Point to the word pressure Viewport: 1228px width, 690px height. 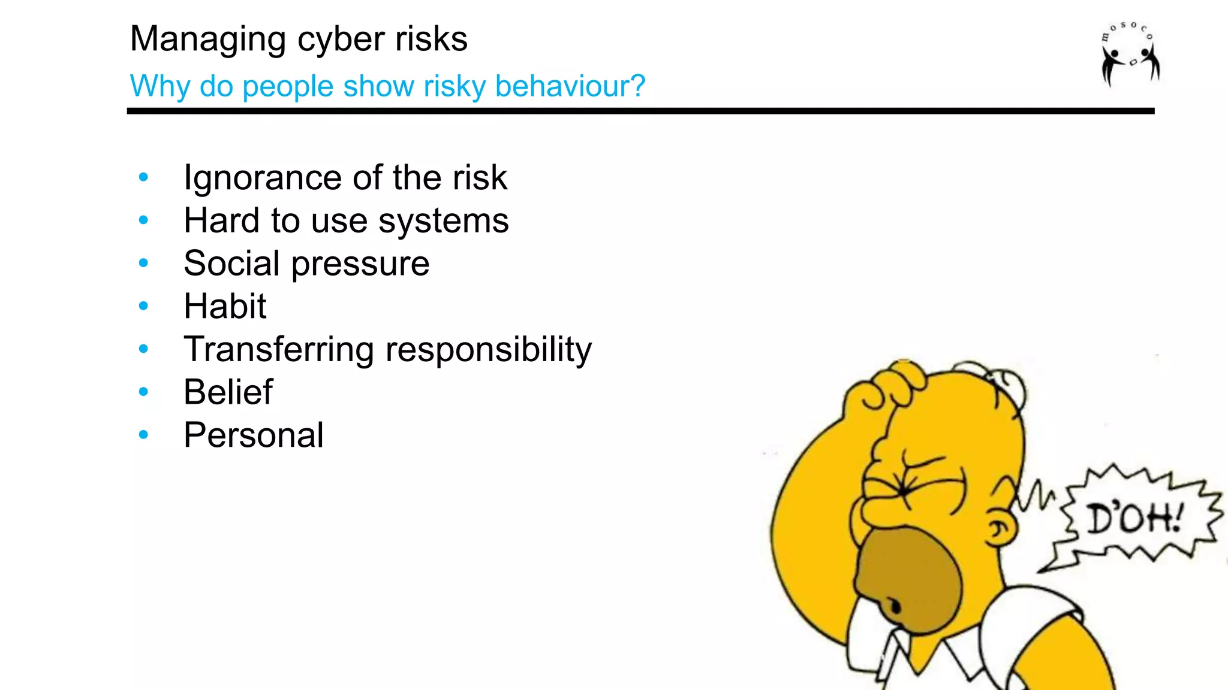click(360, 264)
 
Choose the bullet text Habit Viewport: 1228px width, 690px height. click(225, 307)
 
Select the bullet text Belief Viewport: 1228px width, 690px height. click(228, 392)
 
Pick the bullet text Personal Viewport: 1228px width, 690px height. click(254, 435)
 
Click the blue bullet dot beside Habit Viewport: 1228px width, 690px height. click(143, 306)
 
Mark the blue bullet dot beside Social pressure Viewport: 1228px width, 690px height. click(143, 263)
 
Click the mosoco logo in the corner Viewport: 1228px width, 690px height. click(1129, 54)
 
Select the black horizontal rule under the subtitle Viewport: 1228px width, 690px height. click(640, 111)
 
